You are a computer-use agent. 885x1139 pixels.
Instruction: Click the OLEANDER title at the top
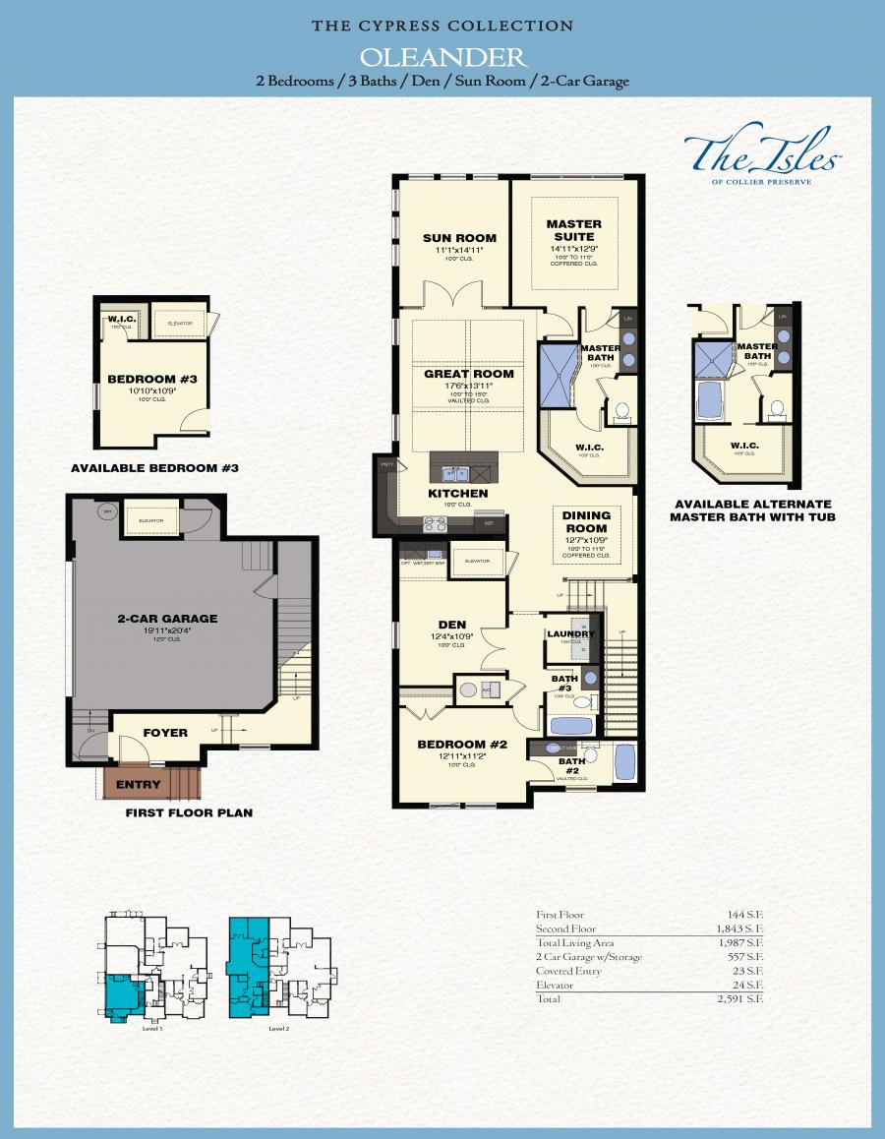pyautogui.click(x=442, y=56)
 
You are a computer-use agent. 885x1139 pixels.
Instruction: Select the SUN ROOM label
pyautogui.click(x=459, y=238)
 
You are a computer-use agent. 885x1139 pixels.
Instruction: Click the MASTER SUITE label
pyautogui.click(x=574, y=230)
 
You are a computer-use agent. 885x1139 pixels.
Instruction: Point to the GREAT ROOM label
pyautogui.click(x=469, y=374)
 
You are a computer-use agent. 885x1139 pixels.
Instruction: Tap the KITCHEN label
pyautogui.click(x=457, y=493)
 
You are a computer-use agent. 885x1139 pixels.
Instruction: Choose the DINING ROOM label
pyautogui.click(x=586, y=521)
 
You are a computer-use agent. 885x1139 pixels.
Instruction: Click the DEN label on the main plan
pyautogui.click(x=452, y=624)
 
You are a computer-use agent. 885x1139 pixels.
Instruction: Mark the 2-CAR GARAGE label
pyautogui.click(x=167, y=619)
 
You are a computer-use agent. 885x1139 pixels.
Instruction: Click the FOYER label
pyautogui.click(x=165, y=733)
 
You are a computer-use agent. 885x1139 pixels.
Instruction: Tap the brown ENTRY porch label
pyautogui.click(x=138, y=785)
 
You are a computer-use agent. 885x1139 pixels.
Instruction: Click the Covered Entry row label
pyautogui.click(x=568, y=971)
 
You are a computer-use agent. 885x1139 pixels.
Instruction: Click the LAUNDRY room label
pyautogui.click(x=571, y=634)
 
